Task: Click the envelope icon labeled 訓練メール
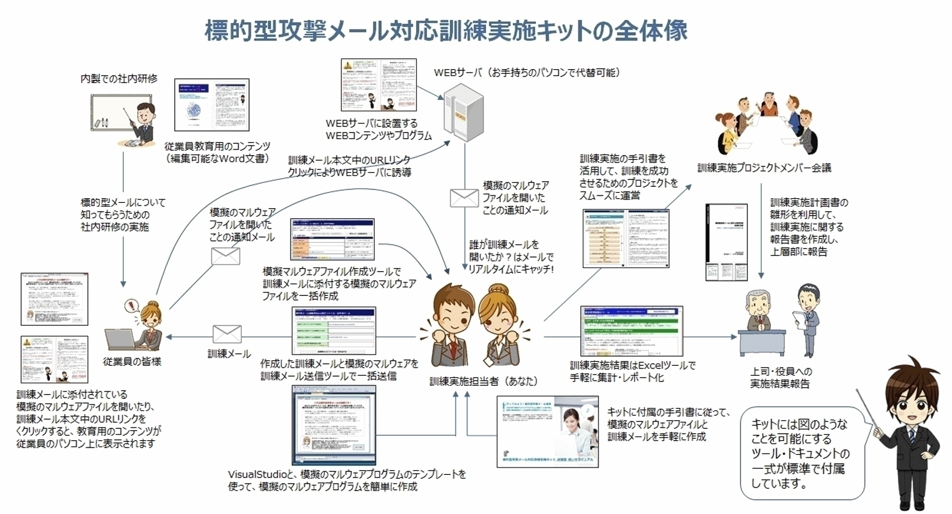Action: (x=227, y=334)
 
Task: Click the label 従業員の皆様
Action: (x=132, y=362)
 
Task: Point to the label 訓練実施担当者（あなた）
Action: (x=483, y=381)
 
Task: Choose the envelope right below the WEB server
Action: (x=464, y=198)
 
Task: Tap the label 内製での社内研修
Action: (x=119, y=79)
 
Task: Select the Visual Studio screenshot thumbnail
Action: (x=334, y=425)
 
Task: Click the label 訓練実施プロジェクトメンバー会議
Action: (x=764, y=168)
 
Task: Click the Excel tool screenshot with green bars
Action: (x=631, y=331)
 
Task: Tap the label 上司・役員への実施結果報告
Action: (x=780, y=377)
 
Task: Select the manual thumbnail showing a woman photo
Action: (x=547, y=432)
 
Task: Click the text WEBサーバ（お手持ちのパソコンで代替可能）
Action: (x=527, y=73)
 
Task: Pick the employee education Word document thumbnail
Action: (x=212, y=105)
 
